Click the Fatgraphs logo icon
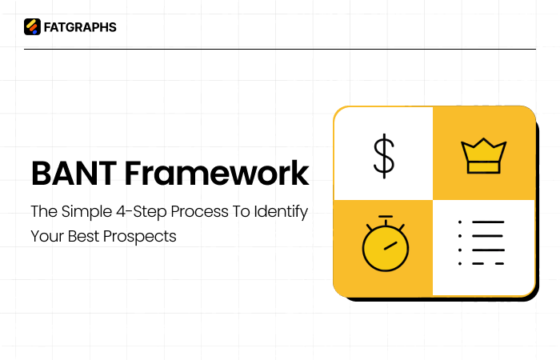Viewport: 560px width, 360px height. (x=32, y=27)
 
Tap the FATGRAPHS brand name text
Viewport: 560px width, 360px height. (x=80, y=27)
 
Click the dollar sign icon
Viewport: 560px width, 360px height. (x=384, y=155)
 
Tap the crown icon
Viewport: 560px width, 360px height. (x=483, y=155)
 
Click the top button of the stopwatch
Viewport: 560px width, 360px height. (x=385, y=217)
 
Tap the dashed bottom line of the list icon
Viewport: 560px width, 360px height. (x=487, y=262)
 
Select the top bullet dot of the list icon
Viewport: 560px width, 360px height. (x=459, y=222)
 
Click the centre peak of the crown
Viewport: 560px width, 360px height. (x=483, y=141)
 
